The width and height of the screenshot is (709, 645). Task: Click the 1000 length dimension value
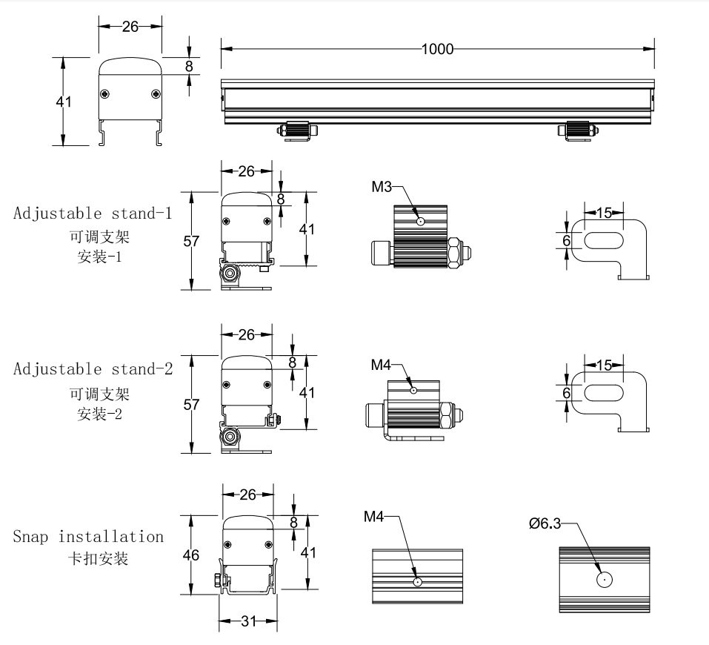pyautogui.click(x=437, y=50)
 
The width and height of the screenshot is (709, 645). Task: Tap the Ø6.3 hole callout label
pyautogui.click(x=545, y=523)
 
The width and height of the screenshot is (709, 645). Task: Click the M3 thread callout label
pyautogui.click(x=382, y=186)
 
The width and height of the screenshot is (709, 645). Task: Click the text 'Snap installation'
pyautogui.click(x=88, y=536)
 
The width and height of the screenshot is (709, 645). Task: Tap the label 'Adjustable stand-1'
pyautogui.click(x=93, y=214)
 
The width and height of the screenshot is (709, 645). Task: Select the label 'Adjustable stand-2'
pyautogui.click(x=93, y=368)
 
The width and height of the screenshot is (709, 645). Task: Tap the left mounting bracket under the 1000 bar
pyautogui.click(x=296, y=130)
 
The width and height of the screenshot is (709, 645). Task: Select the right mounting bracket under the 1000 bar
pyautogui.click(x=577, y=130)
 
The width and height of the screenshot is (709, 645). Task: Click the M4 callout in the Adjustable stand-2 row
pyautogui.click(x=381, y=364)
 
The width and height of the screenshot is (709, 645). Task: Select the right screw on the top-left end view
pyautogui.click(x=155, y=93)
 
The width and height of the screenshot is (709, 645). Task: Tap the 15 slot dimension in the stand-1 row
pyautogui.click(x=604, y=213)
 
